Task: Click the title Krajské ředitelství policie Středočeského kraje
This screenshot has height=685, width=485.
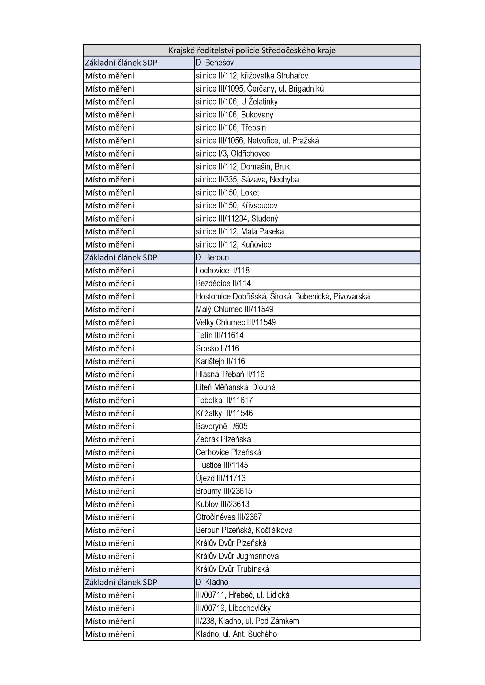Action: tap(252, 50)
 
